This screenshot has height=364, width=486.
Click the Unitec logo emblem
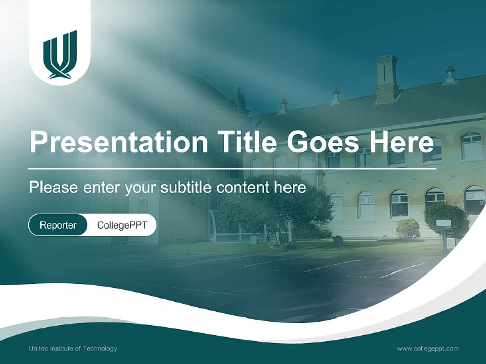click(60, 55)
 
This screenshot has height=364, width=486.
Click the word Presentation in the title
click(118, 143)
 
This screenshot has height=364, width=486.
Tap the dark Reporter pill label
click(58, 225)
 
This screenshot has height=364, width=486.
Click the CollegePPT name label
click(122, 225)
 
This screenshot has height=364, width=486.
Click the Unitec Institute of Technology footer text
click(73, 349)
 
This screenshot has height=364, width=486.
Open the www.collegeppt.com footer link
click(428, 349)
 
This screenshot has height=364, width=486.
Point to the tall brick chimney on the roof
click(386, 78)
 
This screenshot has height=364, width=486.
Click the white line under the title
click(232, 168)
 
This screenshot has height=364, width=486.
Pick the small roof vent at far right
click(450, 74)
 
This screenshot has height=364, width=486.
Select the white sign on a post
click(443, 223)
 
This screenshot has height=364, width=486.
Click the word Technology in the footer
click(100, 349)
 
